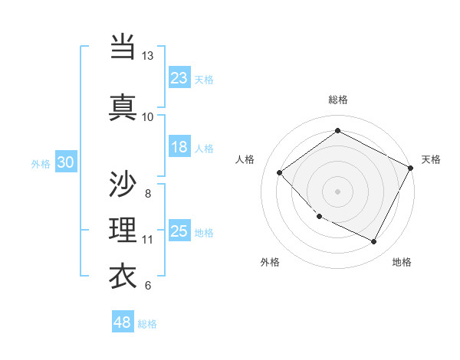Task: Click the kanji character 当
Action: pos(123,47)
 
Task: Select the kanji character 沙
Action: pos(123,185)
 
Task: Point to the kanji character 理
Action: pos(123,230)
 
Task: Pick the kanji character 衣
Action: pos(123,277)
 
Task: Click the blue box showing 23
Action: pos(179,77)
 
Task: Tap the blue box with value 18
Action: pos(179,147)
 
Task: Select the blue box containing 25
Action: pos(179,231)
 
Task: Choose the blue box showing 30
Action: pos(65,162)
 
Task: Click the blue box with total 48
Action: pos(123,322)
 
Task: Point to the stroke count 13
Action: pos(147,56)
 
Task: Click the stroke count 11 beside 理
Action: pos(147,240)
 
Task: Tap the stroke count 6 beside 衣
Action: pos(147,286)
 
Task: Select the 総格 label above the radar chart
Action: pos(337,100)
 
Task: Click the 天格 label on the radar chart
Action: pos(431,159)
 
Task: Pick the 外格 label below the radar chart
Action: pos(270,262)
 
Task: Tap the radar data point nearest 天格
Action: pos(411,168)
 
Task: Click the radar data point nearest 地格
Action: pos(374,242)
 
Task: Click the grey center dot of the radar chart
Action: pos(337,191)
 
